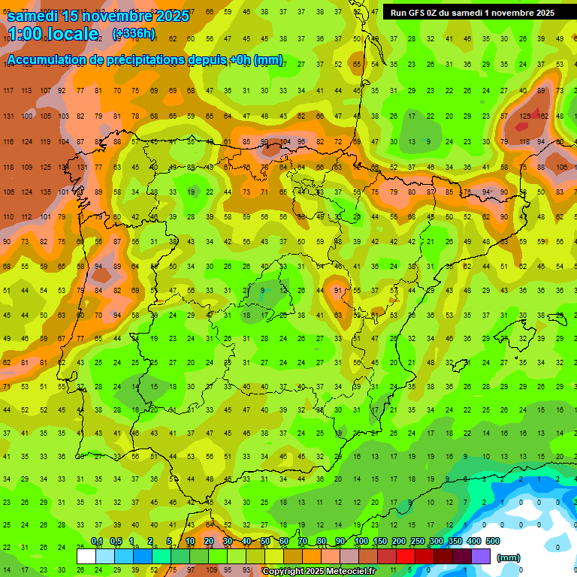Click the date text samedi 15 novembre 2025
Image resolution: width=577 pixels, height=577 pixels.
point(98,15)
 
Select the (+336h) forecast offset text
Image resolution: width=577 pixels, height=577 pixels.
point(133,34)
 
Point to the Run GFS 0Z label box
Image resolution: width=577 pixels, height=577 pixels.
point(472,13)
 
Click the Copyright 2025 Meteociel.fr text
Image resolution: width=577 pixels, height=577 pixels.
point(319,572)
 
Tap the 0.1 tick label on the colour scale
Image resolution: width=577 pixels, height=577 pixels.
point(96,542)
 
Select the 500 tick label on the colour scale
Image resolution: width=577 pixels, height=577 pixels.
point(492,542)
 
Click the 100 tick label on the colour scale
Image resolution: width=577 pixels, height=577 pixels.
point(361,542)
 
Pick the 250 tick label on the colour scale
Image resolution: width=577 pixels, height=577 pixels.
point(418,542)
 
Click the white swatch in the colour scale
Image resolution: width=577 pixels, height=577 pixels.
point(86,557)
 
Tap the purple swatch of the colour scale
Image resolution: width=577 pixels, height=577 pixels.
point(482,557)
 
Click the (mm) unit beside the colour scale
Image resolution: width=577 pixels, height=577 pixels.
point(509,557)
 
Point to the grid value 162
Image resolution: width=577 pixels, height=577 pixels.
point(542,116)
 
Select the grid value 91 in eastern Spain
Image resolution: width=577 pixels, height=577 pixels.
point(338,290)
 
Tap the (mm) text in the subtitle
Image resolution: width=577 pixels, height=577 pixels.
point(267,60)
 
